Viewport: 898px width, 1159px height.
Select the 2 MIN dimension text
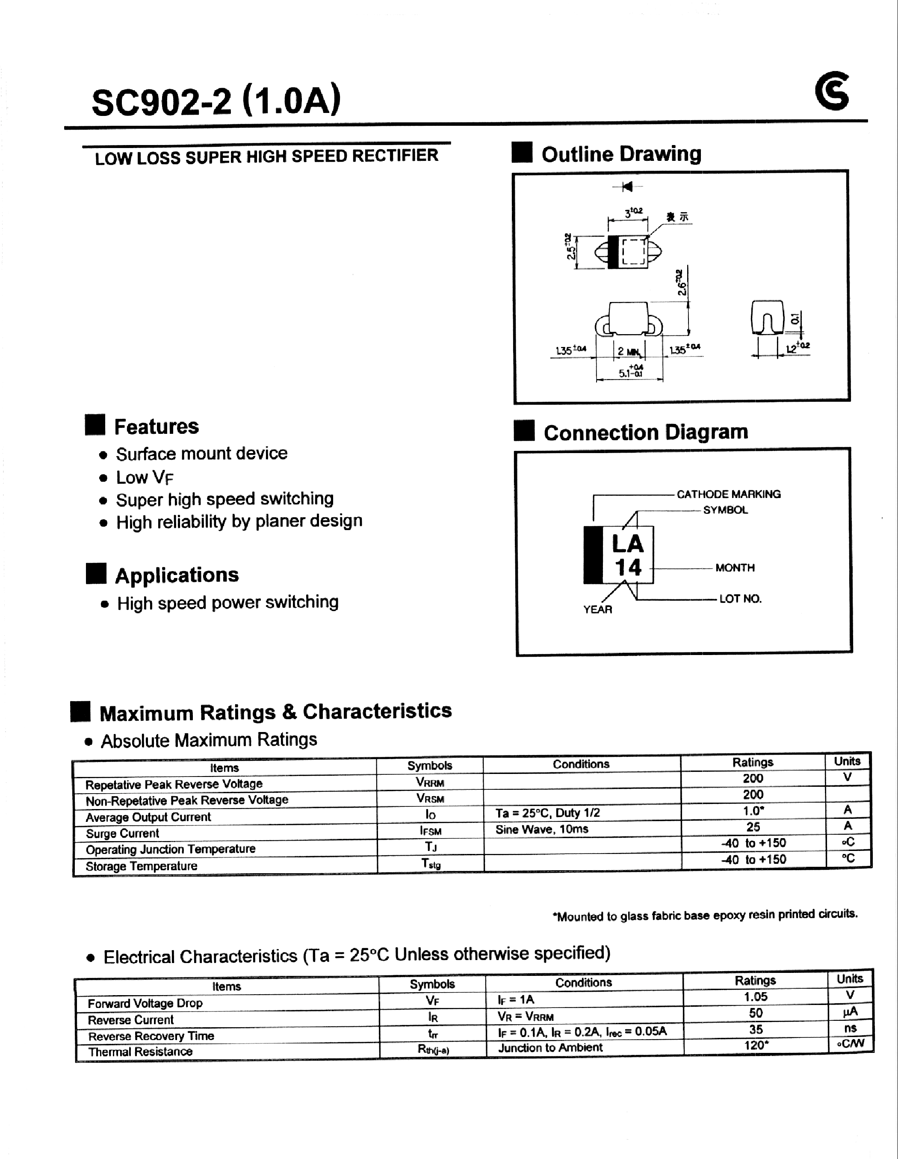coord(629,352)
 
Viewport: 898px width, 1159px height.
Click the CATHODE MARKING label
coord(728,494)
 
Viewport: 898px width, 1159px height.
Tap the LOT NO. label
coord(740,599)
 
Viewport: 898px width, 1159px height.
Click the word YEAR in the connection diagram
coord(598,609)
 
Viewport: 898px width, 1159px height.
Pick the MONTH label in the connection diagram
coord(735,567)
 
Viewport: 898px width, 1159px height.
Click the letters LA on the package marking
coord(627,544)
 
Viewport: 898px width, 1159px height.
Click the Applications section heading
coord(177,575)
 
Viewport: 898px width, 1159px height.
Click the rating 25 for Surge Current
coord(753,827)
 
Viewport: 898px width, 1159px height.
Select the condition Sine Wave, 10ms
coord(541,829)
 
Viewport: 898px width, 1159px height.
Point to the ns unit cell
coord(850,1028)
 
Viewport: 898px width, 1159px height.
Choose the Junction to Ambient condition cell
coord(550,1047)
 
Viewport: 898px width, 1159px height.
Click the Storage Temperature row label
coord(141,866)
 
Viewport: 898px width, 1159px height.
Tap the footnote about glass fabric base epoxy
coord(705,915)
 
